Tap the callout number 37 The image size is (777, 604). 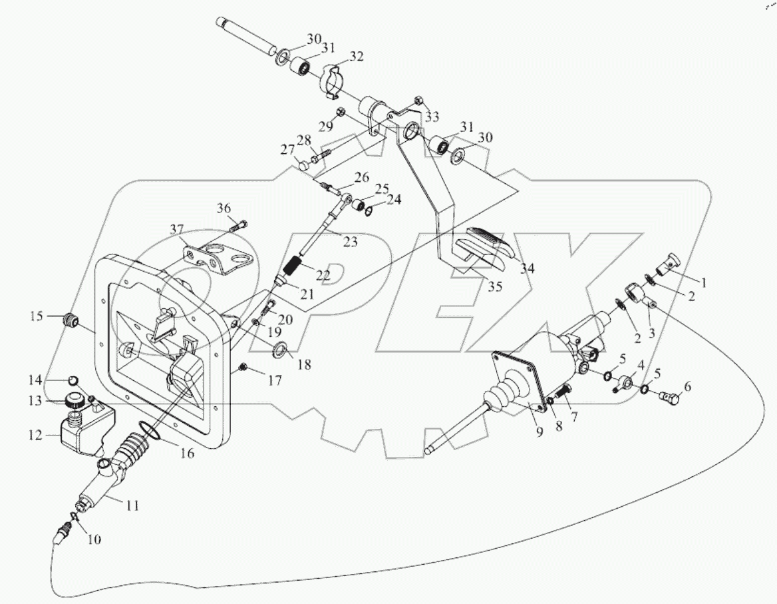(176, 230)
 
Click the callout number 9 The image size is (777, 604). (539, 432)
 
